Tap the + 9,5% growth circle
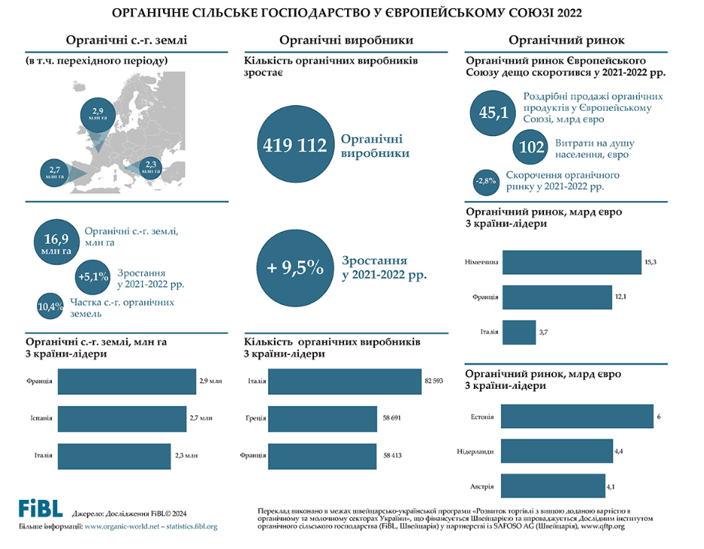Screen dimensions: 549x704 tap(294, 267)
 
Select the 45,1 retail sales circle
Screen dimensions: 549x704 tap(493, 113)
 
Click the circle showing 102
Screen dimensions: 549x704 tap(533, 148)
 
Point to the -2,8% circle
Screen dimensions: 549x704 tap(484, 181)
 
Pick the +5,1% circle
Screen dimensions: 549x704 tap(94, 277)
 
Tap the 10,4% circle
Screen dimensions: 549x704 tap(50, 307)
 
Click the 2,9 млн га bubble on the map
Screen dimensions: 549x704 tap(98, 115)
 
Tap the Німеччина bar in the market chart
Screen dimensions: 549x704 tap(571, 262)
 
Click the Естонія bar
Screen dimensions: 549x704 tap(577, 417)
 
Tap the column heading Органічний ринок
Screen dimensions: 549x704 tap(571, 39)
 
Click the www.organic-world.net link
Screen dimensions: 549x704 tap(121, 526)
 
